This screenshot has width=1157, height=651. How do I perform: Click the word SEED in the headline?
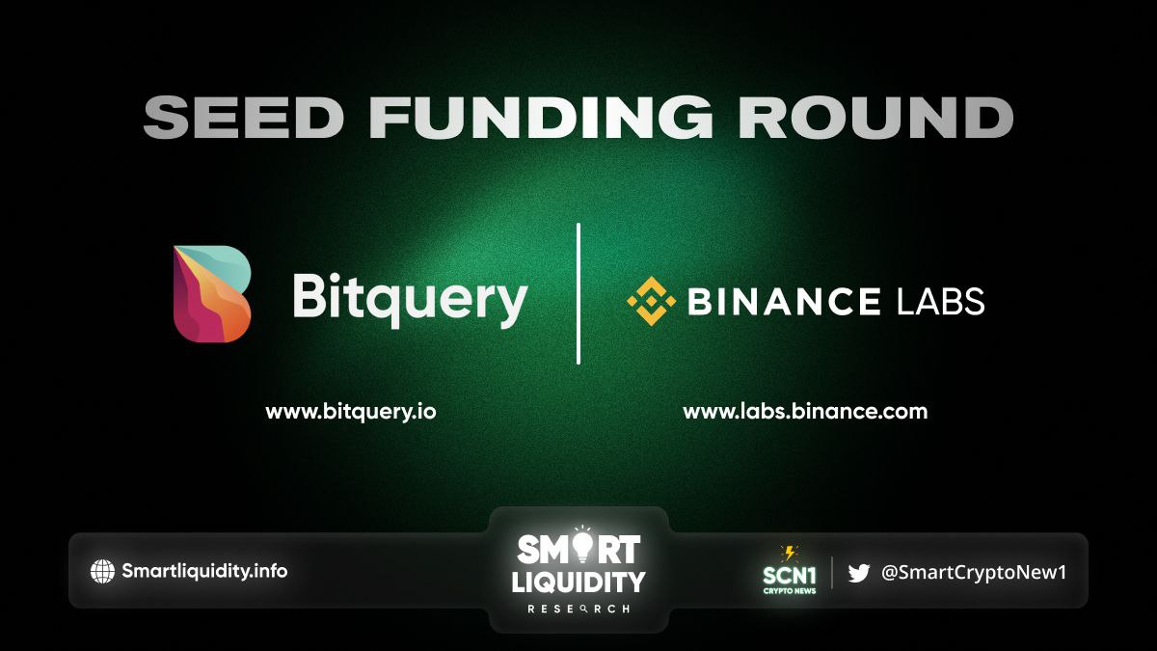pyautogui.click(x=243, y=118)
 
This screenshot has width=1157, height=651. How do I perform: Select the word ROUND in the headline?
pyautogui.click(x=874, y=118)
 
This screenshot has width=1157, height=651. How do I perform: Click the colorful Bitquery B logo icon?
pyautogui.click(x=212, y=294)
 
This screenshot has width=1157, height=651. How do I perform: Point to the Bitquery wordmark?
pyautogui.click(x=410, y=300)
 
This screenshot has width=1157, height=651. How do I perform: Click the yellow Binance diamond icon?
pyautogui.click(x=651, y=301)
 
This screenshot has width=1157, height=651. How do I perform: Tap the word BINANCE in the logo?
pyautogui.click(x=784, y=301)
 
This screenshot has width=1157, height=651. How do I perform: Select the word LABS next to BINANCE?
pyautogui.click(x=941, y=301)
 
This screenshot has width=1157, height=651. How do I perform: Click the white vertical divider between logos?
pyautogui.click(x=578, y=293)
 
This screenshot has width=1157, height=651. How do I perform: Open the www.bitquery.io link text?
pyautogui.click(x=351, y=413)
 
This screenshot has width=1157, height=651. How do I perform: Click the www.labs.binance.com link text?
pyautogui.click(x=805, y=412)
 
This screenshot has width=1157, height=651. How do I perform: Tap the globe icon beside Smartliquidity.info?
pyautogui.click(x=102, y=571)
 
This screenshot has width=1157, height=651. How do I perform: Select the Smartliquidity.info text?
pyautogui.click(x=204, y=571)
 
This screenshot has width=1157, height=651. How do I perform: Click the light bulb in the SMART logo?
pyautogui.click(x=582, y=546)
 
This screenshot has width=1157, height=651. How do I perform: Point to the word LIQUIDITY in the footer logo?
pyautogui.click(x=578, y=582)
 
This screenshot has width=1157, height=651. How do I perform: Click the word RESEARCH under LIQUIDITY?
pyautogui.click(x=578, y=610)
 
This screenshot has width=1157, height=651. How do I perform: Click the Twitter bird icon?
pyautogui.click(x=858, y=573)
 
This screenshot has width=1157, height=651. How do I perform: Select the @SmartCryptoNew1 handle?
pyautogui.click(x=973, y=573)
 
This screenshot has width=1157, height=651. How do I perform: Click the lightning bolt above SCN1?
pyautogui.click(x=790, y=554)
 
